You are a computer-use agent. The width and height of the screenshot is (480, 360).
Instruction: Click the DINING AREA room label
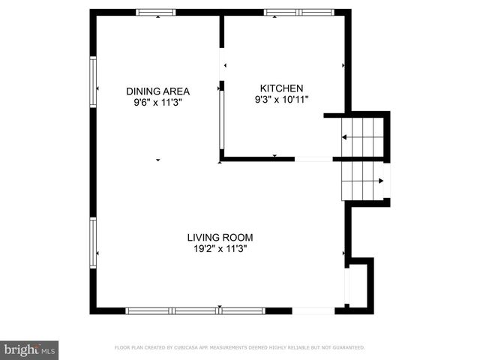click(157, 91)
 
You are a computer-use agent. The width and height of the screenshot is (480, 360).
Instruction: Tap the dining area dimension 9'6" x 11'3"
click(157, 103)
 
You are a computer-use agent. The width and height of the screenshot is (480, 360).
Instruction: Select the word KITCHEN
click(281, 87)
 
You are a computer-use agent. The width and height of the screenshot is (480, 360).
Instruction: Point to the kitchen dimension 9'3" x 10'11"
click(281, 98)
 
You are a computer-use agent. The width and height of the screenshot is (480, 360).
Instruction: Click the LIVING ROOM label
click(220, 238)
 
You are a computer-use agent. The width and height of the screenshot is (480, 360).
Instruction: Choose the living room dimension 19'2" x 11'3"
click(220, 249)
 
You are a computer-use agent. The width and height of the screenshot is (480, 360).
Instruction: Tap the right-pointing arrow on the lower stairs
click(381, 180)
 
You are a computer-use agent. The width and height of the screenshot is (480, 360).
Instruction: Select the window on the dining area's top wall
click(155, 13)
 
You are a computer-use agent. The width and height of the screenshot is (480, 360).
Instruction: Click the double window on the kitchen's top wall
click(299, 13)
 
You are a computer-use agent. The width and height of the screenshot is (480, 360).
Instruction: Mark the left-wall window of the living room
click(93, 242)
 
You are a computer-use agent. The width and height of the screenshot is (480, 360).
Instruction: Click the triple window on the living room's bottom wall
click(195, 310)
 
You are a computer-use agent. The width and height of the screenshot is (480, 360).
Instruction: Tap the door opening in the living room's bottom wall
click(313, 310)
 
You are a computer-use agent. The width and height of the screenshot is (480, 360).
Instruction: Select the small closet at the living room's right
click(359, 285)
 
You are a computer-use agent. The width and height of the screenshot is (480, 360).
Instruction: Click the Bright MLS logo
click(30, 349)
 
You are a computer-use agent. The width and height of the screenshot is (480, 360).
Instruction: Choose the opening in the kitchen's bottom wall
click(313, 159)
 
